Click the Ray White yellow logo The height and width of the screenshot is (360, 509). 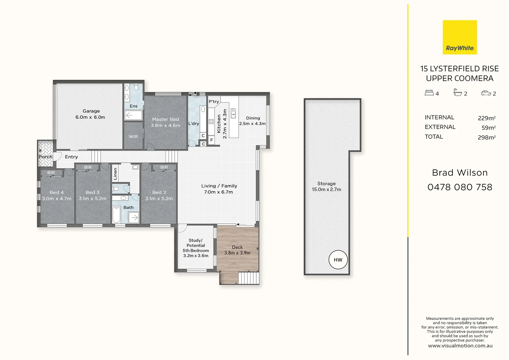click(460, 37)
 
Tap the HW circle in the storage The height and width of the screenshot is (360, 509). click(338, 260)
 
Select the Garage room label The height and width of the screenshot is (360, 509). click(91, 111)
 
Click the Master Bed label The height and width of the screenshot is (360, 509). click(165, 119)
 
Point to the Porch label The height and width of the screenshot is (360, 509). click(45, 157)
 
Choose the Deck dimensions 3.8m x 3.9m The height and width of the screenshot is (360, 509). click(237, 253)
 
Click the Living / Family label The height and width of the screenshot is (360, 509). click(219, 186)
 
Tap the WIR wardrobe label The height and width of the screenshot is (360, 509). click(133, 137)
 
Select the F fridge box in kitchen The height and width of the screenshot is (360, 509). click(211, 140)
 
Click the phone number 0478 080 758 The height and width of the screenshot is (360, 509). click(460, 187)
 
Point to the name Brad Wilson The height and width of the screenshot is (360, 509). click(460, 173)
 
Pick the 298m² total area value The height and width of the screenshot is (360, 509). click(486, 137)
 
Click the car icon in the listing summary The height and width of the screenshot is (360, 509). click(486, 93)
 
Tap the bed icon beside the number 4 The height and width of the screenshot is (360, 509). click(429, 93)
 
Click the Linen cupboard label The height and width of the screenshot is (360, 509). click(115, 174)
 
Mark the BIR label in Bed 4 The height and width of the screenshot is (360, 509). click(51, 173)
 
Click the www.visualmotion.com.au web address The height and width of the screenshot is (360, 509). click(460, 346)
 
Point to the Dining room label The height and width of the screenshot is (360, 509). click(253, 118)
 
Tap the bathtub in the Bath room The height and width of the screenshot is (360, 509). click(116, 215)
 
